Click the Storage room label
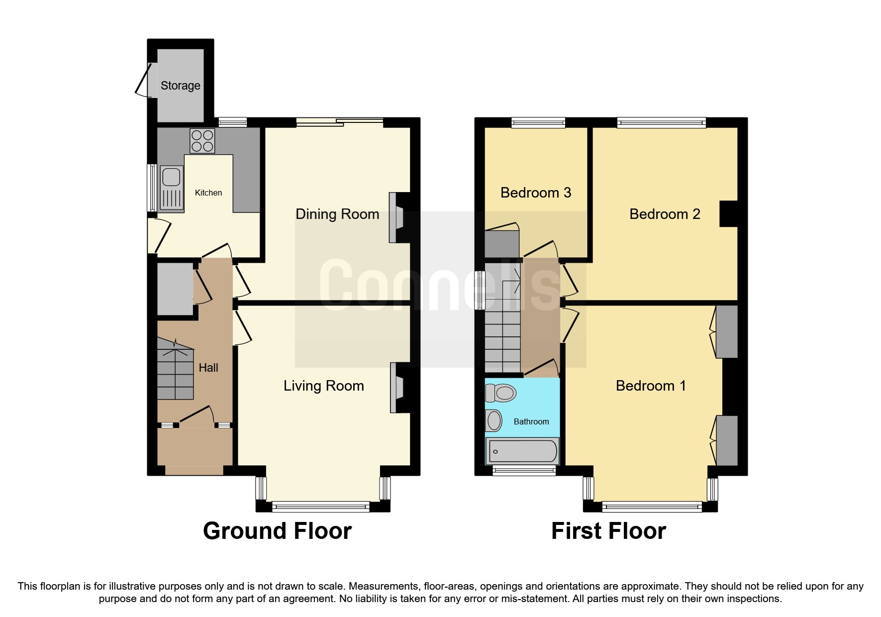click(180, 86)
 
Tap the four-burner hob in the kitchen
click(202, 141)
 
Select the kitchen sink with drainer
click(171, 188)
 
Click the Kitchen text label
click(208, 193)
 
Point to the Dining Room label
click(337, 214)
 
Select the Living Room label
click(324, 386)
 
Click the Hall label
click(208, 368)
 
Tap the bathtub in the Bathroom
click(522, 451)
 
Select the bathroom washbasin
click(494, 421)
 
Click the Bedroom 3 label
click(536, 193)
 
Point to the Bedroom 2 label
click(665, 214)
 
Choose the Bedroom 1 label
click(651, 386)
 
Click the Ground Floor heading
click(277, 531)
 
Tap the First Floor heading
click(608, 531)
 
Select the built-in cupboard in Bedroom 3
click(502, 244)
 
